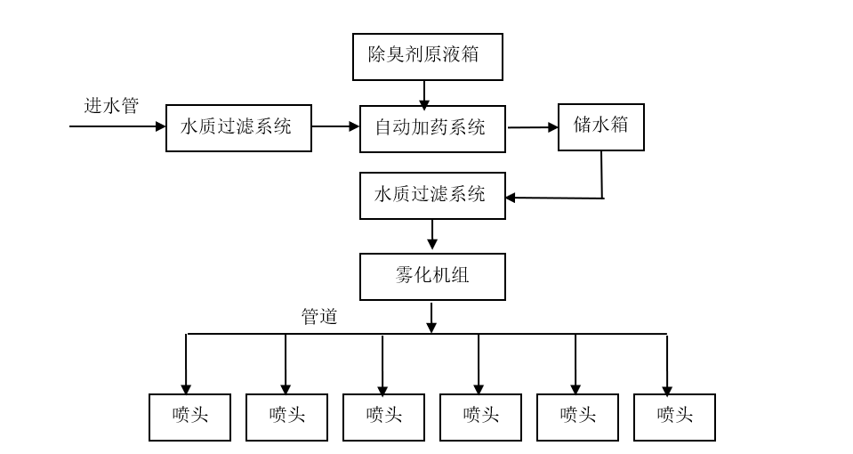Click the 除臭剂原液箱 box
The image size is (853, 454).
(428, 57)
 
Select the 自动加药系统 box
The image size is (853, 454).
(432, 129)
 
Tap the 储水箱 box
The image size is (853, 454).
(601, 127)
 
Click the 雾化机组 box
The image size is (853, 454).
(432, 277)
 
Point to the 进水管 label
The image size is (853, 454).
(111, 106)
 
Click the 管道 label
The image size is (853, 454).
(319, 316)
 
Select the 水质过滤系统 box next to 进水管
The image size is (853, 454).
(238, 128)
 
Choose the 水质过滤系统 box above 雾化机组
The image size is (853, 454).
(432, 196)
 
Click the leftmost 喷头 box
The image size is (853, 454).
(189, 418)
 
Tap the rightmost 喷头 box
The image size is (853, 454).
(674, 418)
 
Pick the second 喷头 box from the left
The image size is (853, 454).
(286, 418)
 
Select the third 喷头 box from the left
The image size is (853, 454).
(383, 418)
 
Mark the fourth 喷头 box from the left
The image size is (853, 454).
(480, 418)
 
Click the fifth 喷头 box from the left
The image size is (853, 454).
(577, 418)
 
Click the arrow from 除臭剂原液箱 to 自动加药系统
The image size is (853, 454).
(424, 95)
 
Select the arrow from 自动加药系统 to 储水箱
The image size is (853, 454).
(533, 127)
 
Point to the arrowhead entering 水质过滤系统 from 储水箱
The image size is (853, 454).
(511, 199)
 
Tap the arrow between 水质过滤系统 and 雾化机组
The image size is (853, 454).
(432, 235)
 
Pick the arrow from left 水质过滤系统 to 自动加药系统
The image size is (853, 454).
(335, 126)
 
